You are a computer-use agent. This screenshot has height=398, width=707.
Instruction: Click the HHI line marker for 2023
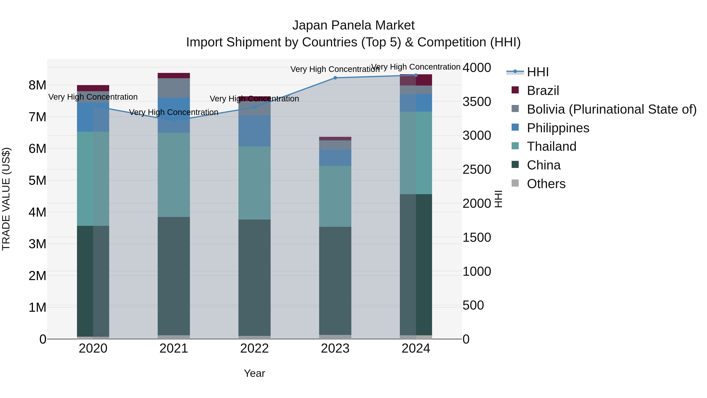tap(335, 78)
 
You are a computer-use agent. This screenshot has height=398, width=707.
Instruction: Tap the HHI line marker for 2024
tap(416, 75)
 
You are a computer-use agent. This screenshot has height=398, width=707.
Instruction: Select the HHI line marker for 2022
tap(254, 107)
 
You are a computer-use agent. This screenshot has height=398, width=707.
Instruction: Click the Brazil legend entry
tap(543, 91)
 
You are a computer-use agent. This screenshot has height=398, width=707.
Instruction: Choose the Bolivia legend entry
tap(612, 109)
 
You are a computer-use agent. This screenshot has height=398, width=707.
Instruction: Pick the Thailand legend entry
tap(551, 146)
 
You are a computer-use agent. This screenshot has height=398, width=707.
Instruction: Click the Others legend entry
tap(546, 184)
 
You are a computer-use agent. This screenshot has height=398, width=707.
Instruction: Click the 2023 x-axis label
tap(335, 348)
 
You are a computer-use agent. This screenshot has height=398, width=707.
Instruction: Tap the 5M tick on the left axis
tap(38, 180)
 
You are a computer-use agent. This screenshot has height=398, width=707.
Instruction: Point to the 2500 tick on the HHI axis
tap(476, 169)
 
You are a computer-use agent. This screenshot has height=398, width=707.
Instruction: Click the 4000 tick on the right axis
tap(476, 68)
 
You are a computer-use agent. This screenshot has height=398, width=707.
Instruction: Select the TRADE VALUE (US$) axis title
tap(6, 199)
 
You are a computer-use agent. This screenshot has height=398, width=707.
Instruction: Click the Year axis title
tap(254, 373)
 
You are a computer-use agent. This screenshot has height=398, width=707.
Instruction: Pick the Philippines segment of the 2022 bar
tap(254, 131)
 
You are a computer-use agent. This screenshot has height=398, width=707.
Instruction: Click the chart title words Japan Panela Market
tap(353, 25)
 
